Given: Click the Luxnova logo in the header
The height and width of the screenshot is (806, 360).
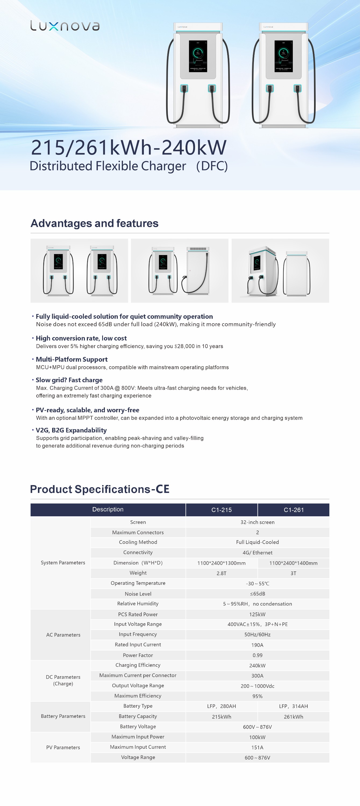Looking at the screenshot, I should click(65, 26).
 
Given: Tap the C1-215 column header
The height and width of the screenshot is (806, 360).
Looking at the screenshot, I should click(221, 510).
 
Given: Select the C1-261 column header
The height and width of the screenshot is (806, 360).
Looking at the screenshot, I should click(293, 510).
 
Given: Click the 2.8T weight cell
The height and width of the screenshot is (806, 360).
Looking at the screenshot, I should click(221, 573).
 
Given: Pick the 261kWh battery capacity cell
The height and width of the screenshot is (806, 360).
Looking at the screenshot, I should click(293, 717).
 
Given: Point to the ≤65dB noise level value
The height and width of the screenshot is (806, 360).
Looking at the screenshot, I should click(257, 594).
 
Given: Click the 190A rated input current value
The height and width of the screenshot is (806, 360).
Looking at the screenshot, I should click(257, 645).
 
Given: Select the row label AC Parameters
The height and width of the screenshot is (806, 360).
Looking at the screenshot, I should click(63, 635).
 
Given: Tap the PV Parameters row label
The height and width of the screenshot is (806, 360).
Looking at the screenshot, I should click(63, 747).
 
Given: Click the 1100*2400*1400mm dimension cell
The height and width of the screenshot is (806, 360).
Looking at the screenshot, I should click(293, 563).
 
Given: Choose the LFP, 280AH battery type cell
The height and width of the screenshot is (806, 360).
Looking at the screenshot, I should click(221, 706).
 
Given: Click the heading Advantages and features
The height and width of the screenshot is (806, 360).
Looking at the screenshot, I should click(95, 223).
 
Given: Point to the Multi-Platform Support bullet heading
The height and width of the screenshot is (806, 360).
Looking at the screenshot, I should click(72, 359).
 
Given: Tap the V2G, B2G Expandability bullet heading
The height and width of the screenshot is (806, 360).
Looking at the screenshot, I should click(71, 430).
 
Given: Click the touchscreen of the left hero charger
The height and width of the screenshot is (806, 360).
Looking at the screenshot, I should click(198, 56).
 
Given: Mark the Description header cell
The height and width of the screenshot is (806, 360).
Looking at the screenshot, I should click(108, 509).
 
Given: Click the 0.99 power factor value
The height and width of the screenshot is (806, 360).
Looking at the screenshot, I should click(257, 655).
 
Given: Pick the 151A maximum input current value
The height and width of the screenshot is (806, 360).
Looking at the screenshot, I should click(257, 747).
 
